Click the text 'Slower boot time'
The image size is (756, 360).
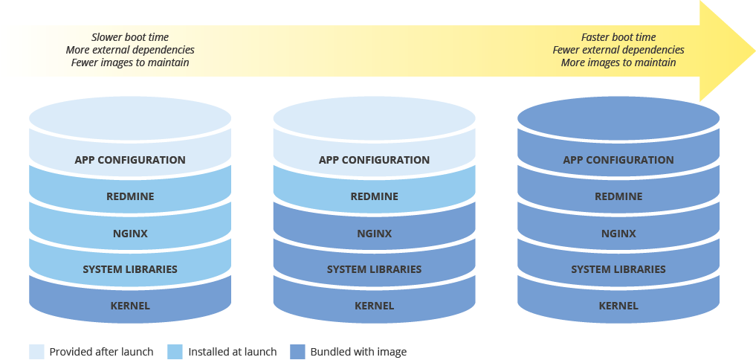[x=130, y=37]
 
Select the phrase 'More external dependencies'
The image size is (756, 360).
[x=130, y=50]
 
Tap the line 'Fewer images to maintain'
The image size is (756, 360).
[x=130, y=62]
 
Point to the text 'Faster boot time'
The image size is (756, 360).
[x=618, y=37]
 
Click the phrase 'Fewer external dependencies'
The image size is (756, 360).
[x=618, y=50]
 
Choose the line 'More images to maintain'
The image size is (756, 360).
[x=618, y=62]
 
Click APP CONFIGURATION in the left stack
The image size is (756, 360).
[x=130, y=160]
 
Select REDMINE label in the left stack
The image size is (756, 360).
[x=130, y=196]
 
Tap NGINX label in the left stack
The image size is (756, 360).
[x=130, y=234]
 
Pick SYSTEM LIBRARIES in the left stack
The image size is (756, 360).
[x=130, y=269]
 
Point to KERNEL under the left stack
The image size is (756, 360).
[x=130, y=306]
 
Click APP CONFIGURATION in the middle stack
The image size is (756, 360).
[x=374, y=160]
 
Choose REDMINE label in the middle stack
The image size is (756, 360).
[x=374, y=196]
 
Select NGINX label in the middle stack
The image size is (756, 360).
[x=374, y=234]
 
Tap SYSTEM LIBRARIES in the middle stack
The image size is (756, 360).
[x=374, y=269]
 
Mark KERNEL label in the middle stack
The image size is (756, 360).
[x=374, y=306]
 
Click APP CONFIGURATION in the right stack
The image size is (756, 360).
[x=618, y=160]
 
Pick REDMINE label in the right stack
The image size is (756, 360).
[x=618, y=196]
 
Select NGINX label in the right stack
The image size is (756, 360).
[x=618, y=234]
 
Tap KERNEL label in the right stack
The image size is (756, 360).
[x=618, y=306]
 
